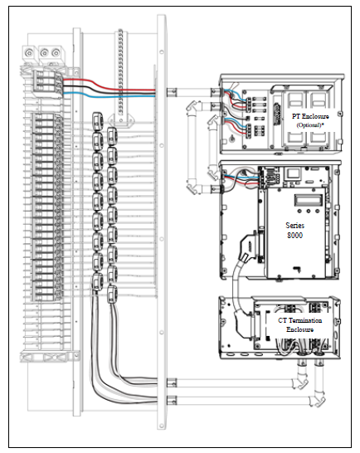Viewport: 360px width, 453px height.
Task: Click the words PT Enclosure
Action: point(310,116)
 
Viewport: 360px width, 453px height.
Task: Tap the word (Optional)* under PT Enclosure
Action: point(309,125)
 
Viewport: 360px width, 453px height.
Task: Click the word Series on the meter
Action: point(294,226)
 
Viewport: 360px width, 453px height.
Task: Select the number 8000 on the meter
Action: point(294,236)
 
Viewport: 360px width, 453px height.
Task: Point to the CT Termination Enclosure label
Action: point(300,324)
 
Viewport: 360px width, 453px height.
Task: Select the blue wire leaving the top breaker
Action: point(109,95)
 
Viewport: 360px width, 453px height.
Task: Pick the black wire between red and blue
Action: point(109,90)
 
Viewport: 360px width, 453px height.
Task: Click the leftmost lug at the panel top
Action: point(29,53)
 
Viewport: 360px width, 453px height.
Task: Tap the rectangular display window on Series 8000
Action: point(308,200)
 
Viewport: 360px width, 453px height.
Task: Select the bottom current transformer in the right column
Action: point(112,294)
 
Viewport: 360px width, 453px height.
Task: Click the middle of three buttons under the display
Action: point(309,212)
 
